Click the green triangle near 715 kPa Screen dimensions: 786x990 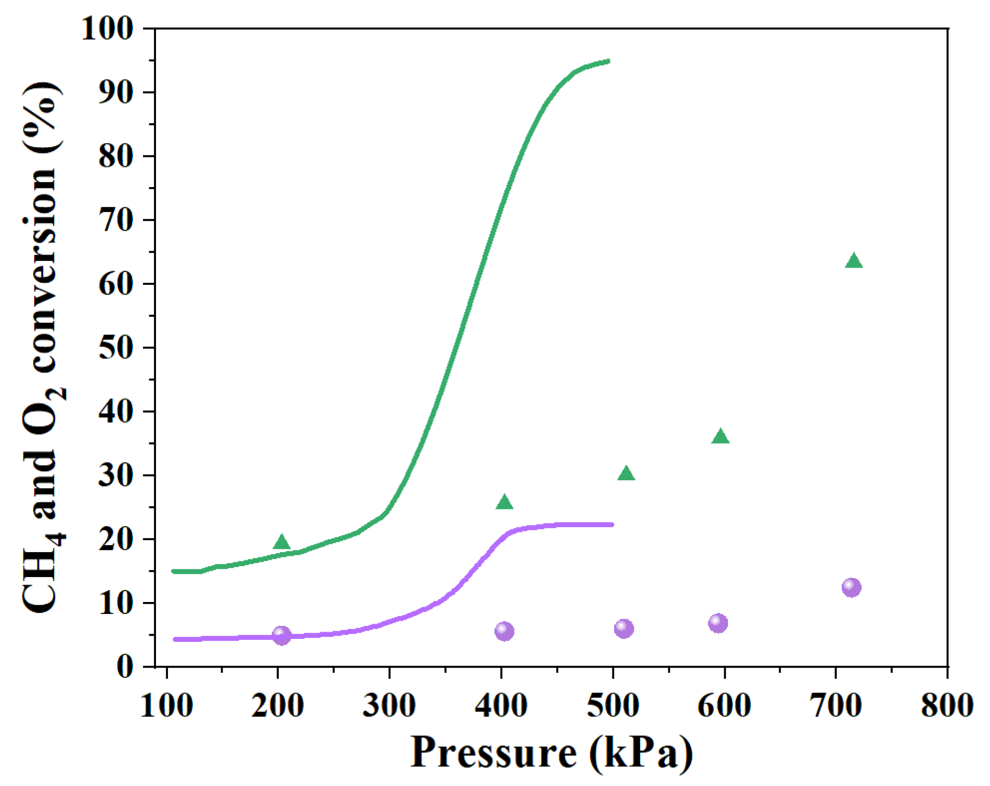[854, 261]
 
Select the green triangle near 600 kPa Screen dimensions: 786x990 [721, 437]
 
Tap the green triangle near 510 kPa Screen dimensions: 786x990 [627, 474]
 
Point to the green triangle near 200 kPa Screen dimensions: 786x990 [281, 543]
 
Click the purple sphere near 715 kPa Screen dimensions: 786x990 [851, 587]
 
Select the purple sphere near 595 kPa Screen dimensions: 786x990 [718, 623]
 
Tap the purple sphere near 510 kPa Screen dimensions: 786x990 [624, 628]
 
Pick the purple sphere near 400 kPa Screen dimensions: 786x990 [504, 632]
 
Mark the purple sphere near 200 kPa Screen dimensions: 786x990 [281, 635]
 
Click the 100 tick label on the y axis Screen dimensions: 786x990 [107, 29]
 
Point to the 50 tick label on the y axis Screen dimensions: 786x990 [115, 348]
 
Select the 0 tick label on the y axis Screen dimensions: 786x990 [125, 667]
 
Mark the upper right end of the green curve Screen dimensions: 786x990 [608, 61]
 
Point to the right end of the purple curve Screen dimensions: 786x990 [612, 525]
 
